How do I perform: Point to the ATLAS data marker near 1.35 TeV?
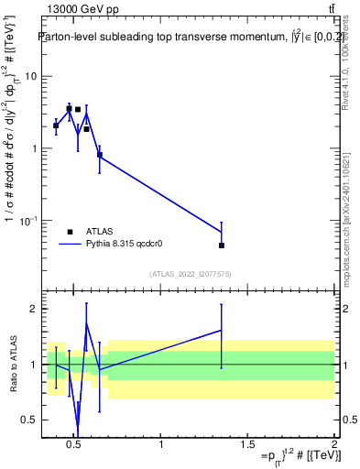(x=222, y=245)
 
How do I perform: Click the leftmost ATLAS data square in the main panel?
(x=56, y=125)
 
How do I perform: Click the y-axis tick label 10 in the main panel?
(x=30, y=76)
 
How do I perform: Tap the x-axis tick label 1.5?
(x=248, y=445)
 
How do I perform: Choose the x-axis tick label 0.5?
(x=75, y=445)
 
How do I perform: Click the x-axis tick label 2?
(x=334, y=445)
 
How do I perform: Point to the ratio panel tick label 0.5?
(x=30, y=420)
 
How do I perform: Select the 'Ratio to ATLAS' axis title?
(x=12, y=365)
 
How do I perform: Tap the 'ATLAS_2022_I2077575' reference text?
(x=190, y=274)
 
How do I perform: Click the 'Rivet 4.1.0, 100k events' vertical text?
(x=345, y=65)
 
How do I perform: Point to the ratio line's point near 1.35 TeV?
(x=222, y=330)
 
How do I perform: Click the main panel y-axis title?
(x=11, y=156)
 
